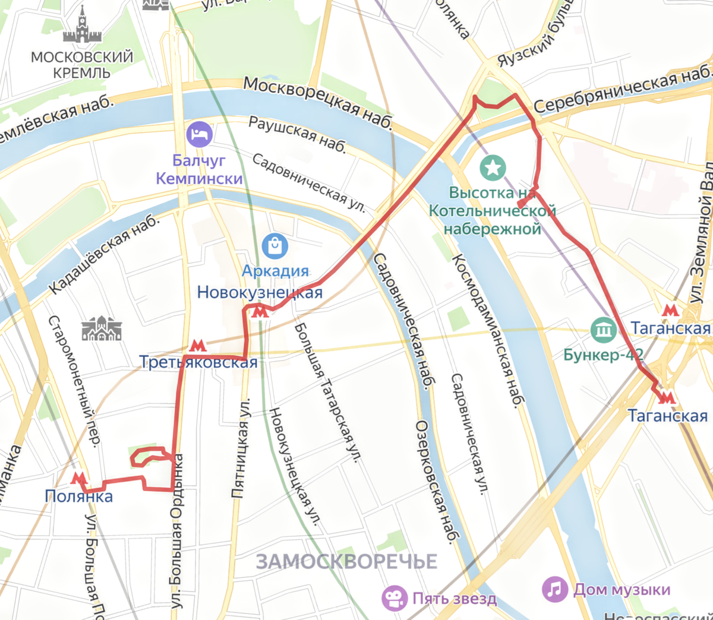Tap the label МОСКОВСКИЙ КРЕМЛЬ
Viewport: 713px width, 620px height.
pos(82,65)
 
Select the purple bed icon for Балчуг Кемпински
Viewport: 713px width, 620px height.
pos(200,135)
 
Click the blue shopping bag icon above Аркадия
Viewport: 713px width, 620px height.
pos(275,245)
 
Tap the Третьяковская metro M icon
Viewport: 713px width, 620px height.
pos(198,346)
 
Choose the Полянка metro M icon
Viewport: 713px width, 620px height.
pos(78,478)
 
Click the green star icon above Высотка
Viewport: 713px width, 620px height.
pos(493,168)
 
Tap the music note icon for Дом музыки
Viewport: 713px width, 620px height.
pos(554,589)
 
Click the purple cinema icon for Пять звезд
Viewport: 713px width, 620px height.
pos(395,598)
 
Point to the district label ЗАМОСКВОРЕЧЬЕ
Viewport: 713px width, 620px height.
pos(346,562)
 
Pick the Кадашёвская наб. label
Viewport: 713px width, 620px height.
pos(105,255)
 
